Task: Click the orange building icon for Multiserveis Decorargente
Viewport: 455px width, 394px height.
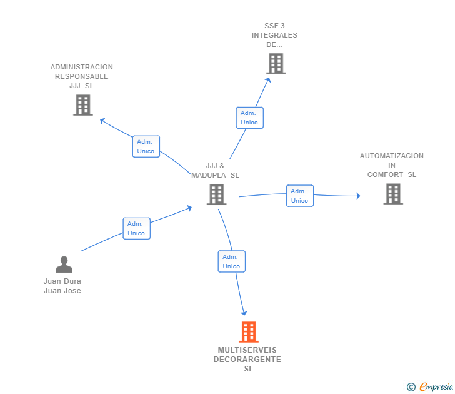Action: [249, 332]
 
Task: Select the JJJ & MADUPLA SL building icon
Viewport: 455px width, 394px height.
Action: [216, 194]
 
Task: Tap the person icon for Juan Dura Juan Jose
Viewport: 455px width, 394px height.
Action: [64, 265]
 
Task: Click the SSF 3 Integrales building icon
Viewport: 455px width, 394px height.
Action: [276, 64]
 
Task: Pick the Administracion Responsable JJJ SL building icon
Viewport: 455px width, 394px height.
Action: [82, 105]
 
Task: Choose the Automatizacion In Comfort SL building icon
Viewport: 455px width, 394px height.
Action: [392, 194]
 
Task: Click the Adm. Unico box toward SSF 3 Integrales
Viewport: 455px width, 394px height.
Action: [249, 118]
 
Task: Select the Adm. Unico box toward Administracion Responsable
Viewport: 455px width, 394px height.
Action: [146, 146]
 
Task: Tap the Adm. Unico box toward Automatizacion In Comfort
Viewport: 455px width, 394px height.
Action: [299, 196]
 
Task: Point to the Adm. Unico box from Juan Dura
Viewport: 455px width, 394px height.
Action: [136, 228]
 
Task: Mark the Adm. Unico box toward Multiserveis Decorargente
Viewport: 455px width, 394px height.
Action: [231, 261]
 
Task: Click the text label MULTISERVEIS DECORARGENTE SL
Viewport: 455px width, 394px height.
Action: [247, 360]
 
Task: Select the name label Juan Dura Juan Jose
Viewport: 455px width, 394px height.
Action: [62, 286]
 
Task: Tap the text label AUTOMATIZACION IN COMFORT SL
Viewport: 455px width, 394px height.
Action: [392, 165]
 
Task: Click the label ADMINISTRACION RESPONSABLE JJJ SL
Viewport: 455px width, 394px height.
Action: [82, 76]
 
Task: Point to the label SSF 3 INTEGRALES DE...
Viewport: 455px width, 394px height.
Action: [275, 35]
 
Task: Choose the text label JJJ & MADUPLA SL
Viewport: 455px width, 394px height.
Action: [216, 171]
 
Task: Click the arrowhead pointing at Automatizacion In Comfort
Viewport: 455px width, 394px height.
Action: [358, 196]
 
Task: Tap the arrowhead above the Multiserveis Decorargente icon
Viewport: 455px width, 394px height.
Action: [244, 313]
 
